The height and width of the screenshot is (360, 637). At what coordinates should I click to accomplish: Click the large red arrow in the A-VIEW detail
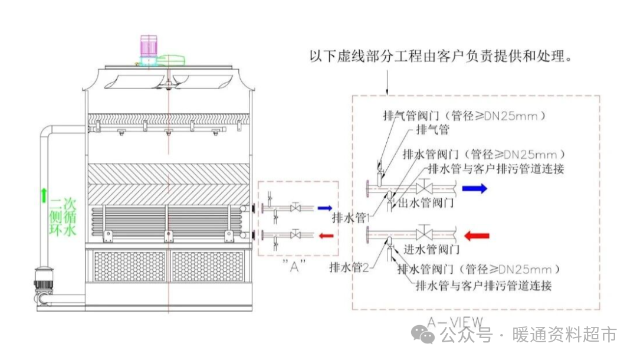pos(477,237)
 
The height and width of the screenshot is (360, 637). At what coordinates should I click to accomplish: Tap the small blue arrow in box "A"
pos(325,208)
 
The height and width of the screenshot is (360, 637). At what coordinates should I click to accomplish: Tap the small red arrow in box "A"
pos(325,236)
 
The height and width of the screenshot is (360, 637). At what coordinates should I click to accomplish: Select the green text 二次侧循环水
pos(63,217)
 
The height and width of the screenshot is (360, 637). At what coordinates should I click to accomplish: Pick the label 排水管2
pos(349,267)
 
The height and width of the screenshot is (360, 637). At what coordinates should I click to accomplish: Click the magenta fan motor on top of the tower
pos(148,47)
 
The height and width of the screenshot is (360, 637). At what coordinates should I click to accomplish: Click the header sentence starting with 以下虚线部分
pos(442,57)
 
